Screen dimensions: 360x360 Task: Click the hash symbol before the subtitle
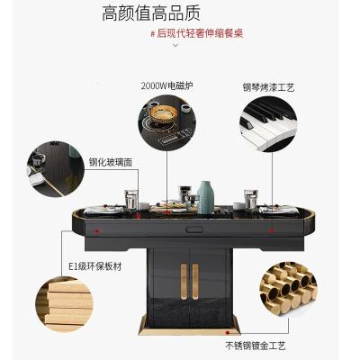[152, 33]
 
